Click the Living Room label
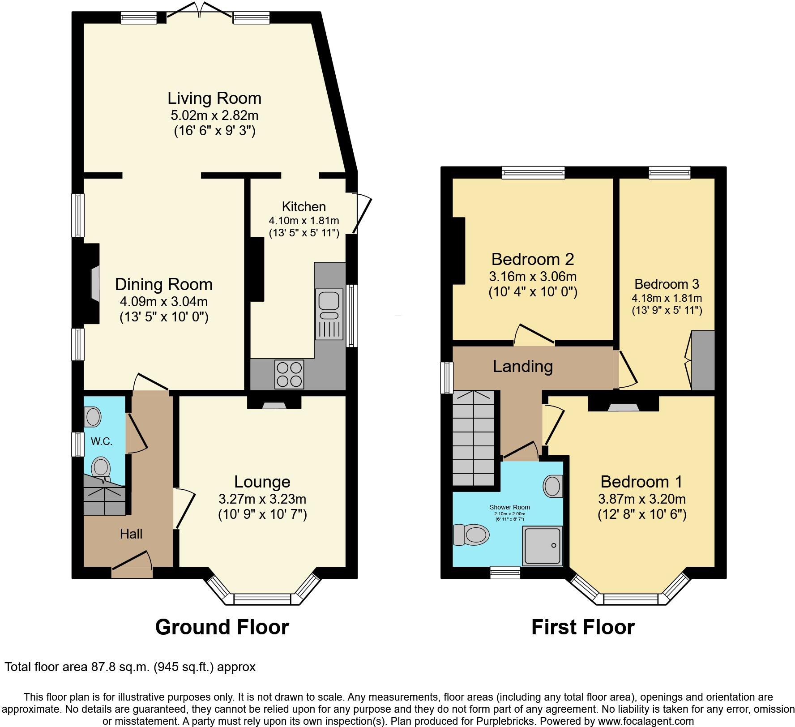pyautogui.click(x=214, y=98)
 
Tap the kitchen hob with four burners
pyautogui.click(x=289, y=374)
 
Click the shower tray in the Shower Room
pyautogui.click(x=542, y=545)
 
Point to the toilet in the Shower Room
pyautogui.click(x=471, y=535)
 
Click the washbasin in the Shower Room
pyautogui.click(x=554, y=487)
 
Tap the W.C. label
pyautogui.click(x=101, y=441)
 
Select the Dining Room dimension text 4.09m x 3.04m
pyautogui.click(x=163, y=301)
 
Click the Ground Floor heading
pyautogui.click(x=222, y=627)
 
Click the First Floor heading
pyautogui.click(x=583, y=627)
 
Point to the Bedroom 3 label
pyautogui.click(x=667, y=284)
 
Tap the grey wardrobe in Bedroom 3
pyautogui.click(x=703, y=360)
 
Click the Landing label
pyautogui.click(x=522, y=366)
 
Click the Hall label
pyautogui.click(x=131, y=534)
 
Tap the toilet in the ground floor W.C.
pyautogui.click(x=101, y=469)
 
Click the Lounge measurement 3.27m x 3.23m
pyautogui.click(x=262, y=499)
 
